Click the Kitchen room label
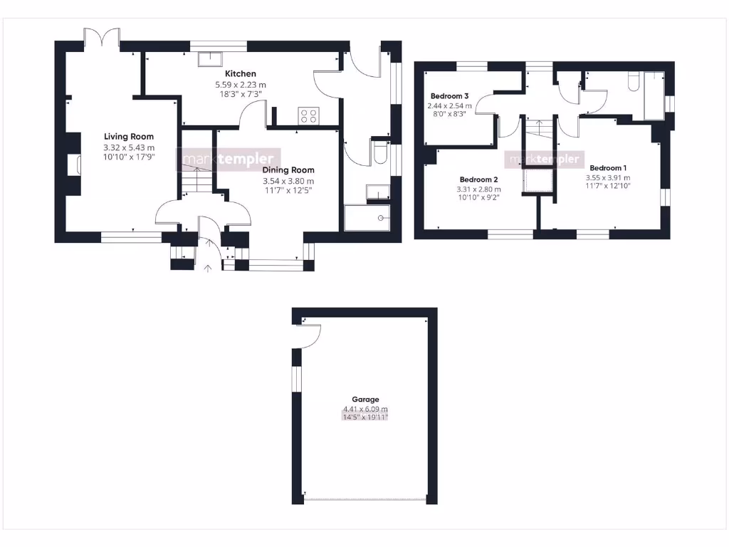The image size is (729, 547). pyautogui.click(x=241, y=73)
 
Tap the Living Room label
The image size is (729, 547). pyautogui.click(x=129, y=137)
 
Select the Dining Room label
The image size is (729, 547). pyautogui.click(x=288, y=170)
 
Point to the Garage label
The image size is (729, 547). pyautogui.click(x=365, y=400)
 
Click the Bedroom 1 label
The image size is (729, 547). pyautogui.click(x=607, y=168)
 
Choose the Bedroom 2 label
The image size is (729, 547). pyautogui.click(x=478, y=179)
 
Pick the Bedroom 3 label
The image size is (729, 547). pyautogui.click(x=449, y=96)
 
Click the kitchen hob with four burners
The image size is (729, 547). pyautogui.click(x=308, y=115)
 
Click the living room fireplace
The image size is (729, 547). pyautogui.click(x=73, y=165)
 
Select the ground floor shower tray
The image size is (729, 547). pyautogui.click(x=367, y=217)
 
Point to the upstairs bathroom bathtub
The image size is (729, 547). pyautogui.click(x=654, y=95)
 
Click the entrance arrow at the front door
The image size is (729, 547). pyautogui.click(x=208, y=269)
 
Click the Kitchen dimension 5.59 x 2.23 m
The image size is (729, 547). pyautogui.click(x=241, y=85)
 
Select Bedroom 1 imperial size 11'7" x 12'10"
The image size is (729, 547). pyautogui.click(x=607, y=187)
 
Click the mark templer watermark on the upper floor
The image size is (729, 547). pyautogui.click(x=545, y=160)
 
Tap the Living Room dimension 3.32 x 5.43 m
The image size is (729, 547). pyautogui.click(x=129, y=147)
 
